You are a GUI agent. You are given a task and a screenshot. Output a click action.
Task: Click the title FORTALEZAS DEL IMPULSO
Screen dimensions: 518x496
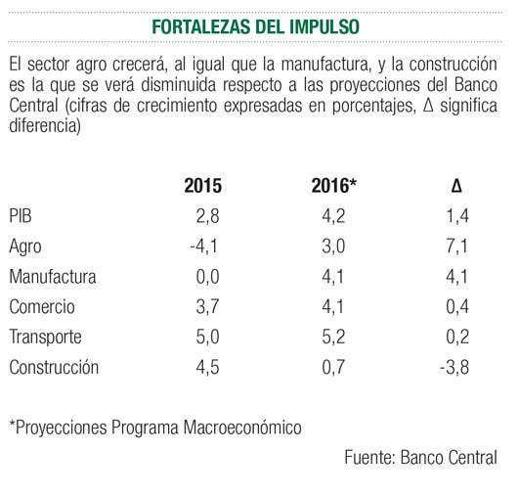[x=255, y=26]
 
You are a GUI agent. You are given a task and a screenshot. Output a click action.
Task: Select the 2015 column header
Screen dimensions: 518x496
[x=203, y=186]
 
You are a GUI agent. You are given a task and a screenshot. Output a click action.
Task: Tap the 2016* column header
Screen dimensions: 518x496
[x=334, y=185]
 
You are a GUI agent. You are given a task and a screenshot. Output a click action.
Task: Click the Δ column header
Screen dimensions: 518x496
[x=456, y=186]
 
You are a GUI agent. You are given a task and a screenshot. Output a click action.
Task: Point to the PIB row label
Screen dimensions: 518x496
[x=21, y=216]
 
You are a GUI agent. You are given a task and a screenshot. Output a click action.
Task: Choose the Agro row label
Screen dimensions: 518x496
[x=25, y=247]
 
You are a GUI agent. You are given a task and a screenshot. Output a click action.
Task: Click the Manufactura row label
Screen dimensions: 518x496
[x=53, y=277]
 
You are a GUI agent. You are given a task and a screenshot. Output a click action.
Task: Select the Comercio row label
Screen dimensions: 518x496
[x=42, y=307]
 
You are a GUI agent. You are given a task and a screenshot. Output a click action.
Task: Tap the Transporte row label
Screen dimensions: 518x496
[x=45, y=338]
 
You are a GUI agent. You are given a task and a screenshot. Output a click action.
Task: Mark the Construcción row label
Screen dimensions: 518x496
[x=54, y=368]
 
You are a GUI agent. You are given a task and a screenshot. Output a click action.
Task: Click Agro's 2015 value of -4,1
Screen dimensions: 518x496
[x=204, y=247]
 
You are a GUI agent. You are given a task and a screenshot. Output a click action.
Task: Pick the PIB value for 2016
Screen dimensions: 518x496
[x=333, y=216]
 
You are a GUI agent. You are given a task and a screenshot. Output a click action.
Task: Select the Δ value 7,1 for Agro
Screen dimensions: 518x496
[x=456, y=247]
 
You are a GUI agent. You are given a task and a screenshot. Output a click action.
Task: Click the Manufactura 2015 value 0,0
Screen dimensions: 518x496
[x=207, y=277]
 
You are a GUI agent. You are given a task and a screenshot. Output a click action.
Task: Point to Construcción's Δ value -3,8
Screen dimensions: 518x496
[x=454, y=368]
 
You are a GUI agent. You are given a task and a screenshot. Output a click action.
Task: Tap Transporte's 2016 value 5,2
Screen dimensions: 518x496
[x=333, y=338]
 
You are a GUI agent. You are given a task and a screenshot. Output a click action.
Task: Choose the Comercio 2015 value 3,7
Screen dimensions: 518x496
[x=207, y=307]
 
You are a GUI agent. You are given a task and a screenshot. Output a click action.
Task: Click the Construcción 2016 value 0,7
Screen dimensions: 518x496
[x=333, y=368]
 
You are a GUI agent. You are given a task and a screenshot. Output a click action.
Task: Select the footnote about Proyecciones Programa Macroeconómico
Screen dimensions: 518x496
[x=155, y=428]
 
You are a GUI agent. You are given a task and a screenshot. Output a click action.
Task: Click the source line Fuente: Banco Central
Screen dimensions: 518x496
[x=420, y=458]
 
